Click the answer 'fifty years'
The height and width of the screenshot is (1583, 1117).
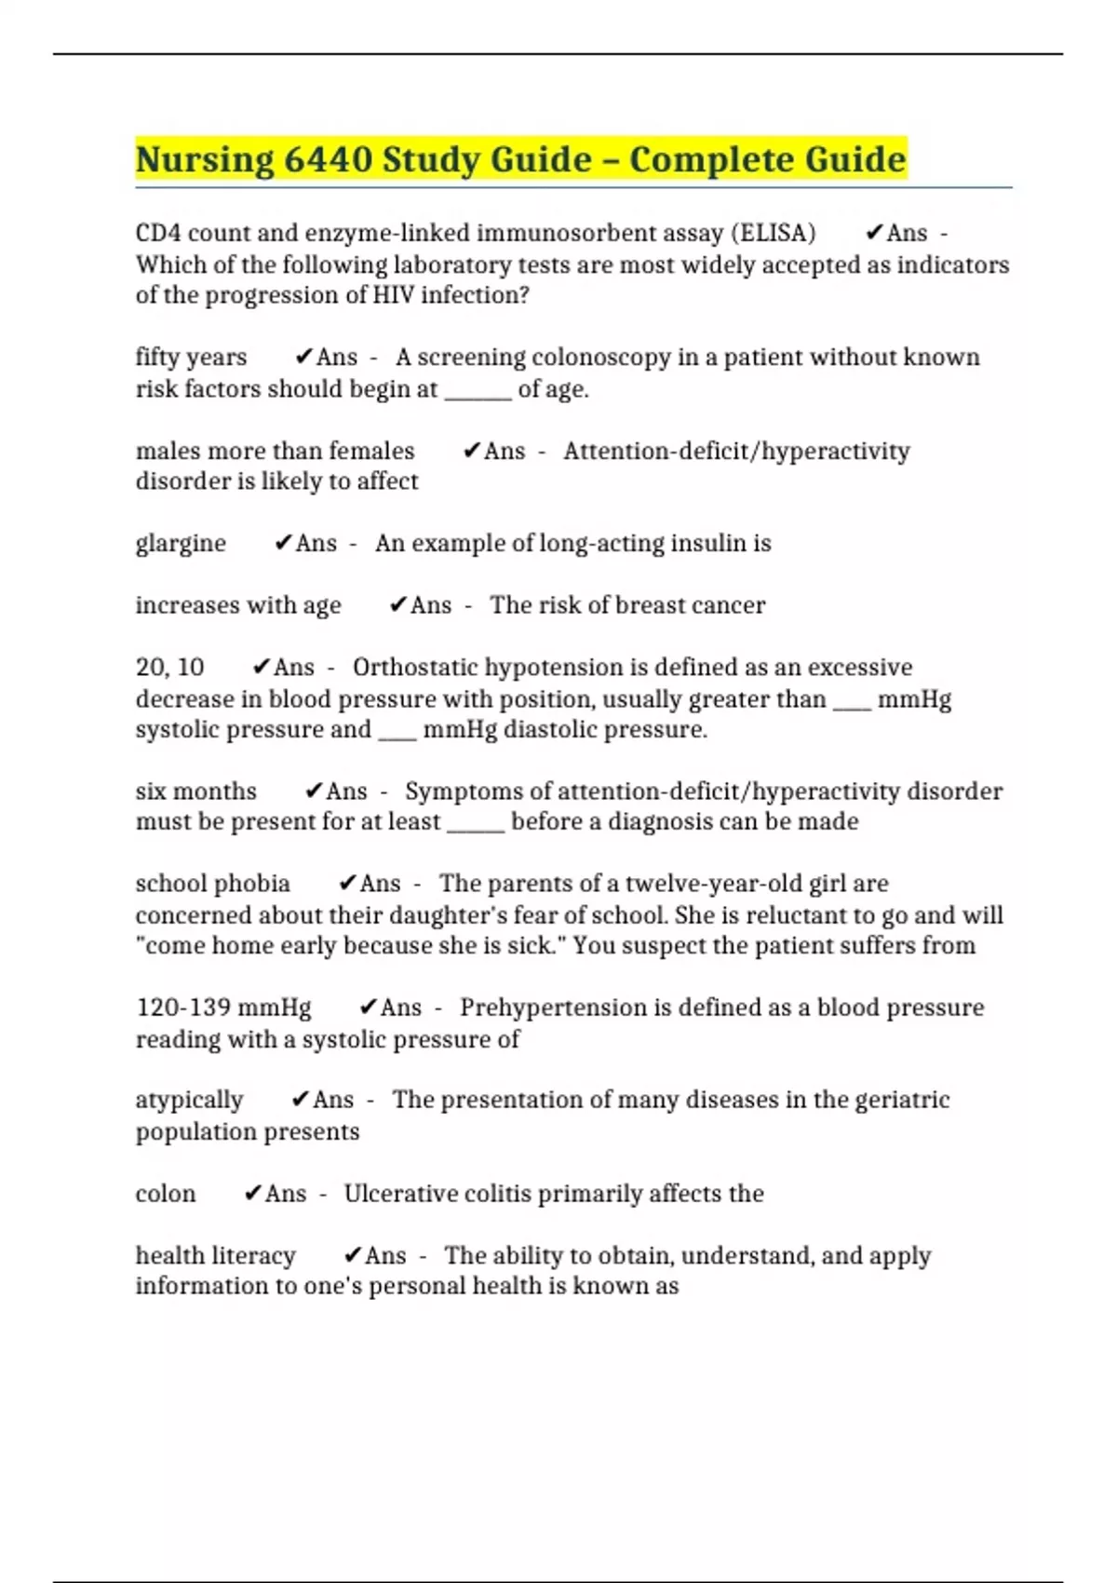coord(191,358)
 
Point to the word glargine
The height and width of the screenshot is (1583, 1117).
coord(181,544)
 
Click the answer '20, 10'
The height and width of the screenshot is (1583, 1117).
coord(169,668)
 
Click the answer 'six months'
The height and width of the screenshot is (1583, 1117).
coord(195,791)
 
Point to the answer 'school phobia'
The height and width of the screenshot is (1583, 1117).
coord(212,884)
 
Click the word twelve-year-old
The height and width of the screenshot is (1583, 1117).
coord(714,884)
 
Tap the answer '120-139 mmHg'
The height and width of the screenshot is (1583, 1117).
coord(223,1008)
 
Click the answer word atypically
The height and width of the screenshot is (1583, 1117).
coord(189,1100)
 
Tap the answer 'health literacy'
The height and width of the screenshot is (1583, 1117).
coord(215,1255)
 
